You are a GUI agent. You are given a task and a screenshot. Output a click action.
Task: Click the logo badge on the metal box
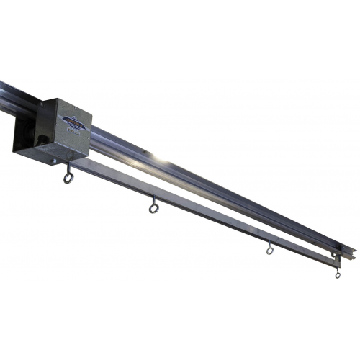pos(73,123)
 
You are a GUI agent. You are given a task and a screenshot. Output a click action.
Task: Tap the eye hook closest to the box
pos(68,177)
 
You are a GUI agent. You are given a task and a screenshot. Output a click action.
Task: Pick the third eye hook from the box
pos(269,250)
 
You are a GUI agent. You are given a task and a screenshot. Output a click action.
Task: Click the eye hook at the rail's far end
pos(337,274)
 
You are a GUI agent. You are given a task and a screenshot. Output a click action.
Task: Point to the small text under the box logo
pos(75,132)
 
